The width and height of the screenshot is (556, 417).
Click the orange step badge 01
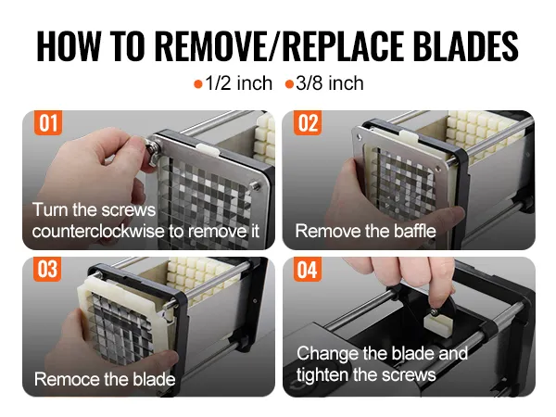(48, 123)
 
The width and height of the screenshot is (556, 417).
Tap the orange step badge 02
(308, 123)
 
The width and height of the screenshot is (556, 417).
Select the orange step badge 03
(47, 269)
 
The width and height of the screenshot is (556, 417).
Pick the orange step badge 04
(308, 270)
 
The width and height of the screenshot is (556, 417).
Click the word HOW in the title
(69, 46)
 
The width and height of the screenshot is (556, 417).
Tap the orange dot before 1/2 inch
(198, 84)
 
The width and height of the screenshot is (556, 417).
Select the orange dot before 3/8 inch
(289, 84)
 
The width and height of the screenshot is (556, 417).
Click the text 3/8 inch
(330, 83)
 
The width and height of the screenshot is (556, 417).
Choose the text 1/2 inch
(239, 83)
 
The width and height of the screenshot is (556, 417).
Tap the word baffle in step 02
(415, 231)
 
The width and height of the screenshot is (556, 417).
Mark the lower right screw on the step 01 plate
(254, 184)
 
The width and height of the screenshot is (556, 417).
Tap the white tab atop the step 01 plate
(207, 148)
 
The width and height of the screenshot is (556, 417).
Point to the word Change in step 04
(328, 354)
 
